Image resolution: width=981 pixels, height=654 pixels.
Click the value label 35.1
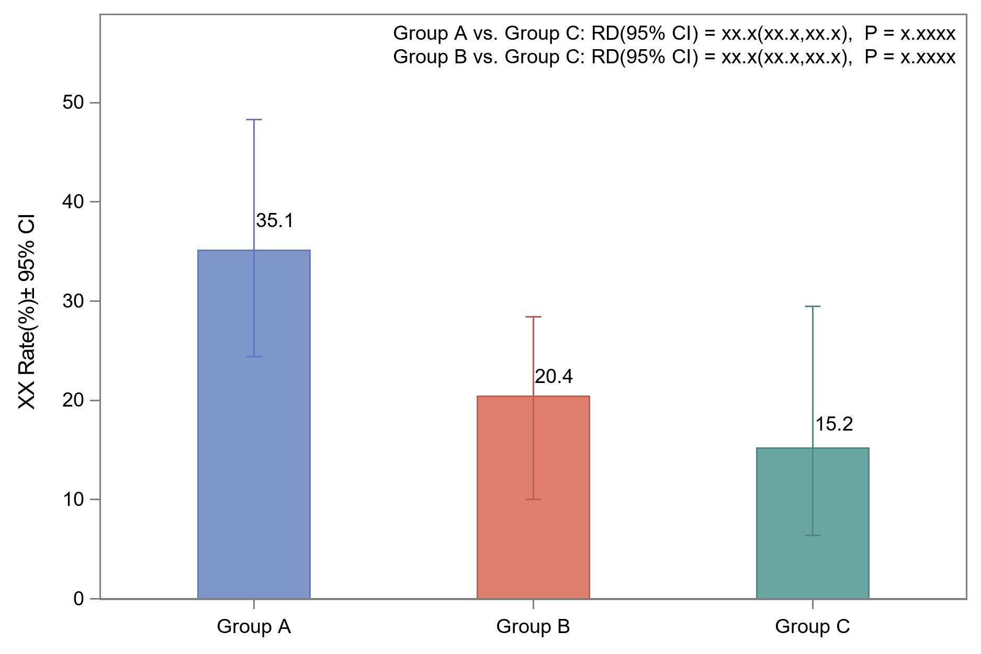pos(275,221)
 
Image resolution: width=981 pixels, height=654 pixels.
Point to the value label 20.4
pos(554,377)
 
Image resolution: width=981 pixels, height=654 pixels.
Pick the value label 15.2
pos(834,424)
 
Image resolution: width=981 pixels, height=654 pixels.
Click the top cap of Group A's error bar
pos(254,120)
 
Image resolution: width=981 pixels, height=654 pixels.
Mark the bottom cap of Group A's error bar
pos(254,356)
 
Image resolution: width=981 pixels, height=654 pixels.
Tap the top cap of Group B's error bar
pos(533,317)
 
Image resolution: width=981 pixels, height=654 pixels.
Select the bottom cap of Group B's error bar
pos(533,499)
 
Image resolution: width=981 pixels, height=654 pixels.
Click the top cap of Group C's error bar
pos(813,307)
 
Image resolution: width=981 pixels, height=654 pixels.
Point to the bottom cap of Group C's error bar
pos(813,535)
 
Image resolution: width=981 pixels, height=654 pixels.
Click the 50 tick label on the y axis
pos(73,103)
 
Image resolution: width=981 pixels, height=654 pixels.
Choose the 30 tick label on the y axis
pos(73,301)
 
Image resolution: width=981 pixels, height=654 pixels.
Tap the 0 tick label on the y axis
pos(78,599)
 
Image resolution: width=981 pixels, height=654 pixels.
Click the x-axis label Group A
pos(254,627)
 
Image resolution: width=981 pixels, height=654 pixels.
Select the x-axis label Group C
pos(813,627)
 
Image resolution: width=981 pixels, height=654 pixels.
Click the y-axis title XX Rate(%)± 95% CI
pos(27,311)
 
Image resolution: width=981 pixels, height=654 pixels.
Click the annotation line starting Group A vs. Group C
pos(674,33)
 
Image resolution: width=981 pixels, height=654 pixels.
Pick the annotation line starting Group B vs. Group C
pos(674,57)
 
